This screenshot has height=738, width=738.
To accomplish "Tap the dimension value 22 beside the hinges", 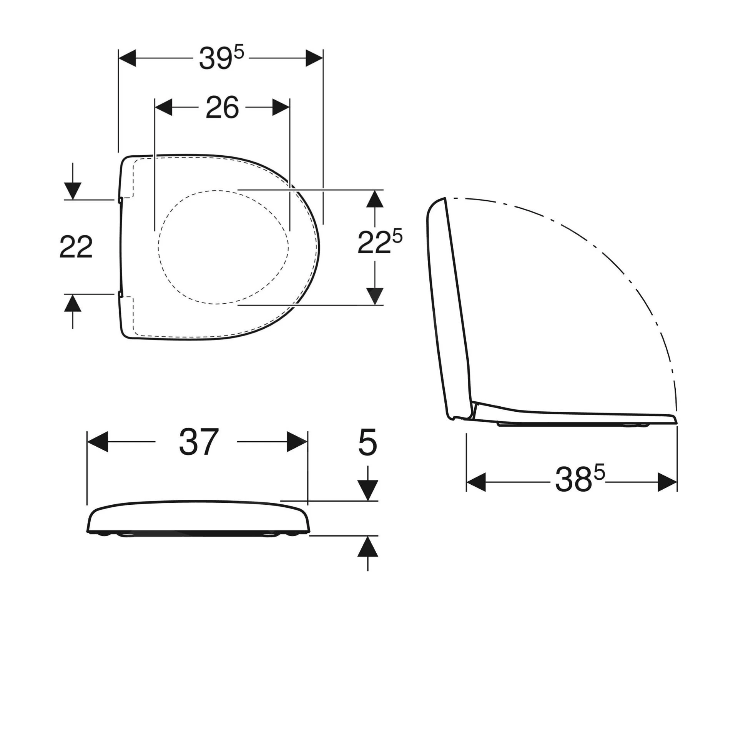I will coord(76,247).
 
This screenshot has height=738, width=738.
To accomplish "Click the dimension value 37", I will coord(198,442).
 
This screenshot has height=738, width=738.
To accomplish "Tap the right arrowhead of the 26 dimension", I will coord(280,107).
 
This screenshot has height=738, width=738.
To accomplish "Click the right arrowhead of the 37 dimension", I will coord(297,442).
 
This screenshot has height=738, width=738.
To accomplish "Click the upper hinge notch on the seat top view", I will coord(120,200).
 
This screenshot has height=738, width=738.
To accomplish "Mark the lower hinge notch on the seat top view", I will coord(120,294).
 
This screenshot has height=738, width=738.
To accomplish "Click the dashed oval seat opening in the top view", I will coord(223,247).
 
